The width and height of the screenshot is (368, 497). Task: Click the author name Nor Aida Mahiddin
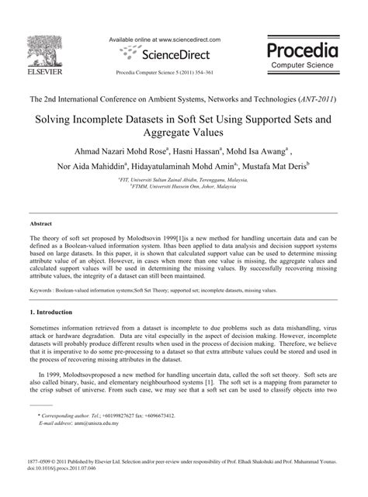(89, 166)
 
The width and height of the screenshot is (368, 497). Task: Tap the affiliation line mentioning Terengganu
(184, 179)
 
